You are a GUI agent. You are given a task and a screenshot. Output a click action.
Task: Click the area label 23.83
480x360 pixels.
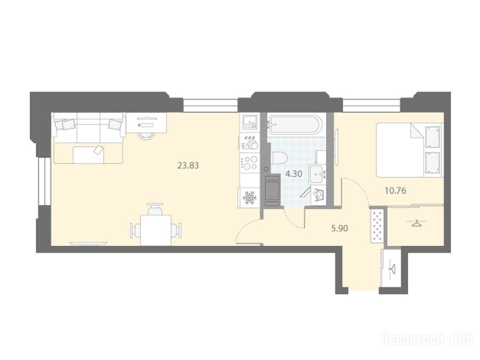coord(188,165)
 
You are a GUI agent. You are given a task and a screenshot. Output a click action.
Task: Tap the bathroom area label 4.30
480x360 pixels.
coord(294,174)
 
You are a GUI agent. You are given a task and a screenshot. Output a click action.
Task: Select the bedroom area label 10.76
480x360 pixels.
coord(396,191)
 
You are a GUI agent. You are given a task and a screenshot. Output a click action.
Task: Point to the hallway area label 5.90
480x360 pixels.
coord(340,228)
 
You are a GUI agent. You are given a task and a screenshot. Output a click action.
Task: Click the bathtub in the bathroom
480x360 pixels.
coord(295,125)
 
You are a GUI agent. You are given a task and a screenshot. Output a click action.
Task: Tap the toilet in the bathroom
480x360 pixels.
coord(279,158)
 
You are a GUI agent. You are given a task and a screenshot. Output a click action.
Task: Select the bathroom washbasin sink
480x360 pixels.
coord(317,174)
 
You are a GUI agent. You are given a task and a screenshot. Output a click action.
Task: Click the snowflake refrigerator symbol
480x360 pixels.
coord(249,198)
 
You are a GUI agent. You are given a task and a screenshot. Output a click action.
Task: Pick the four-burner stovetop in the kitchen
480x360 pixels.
coord(250,163)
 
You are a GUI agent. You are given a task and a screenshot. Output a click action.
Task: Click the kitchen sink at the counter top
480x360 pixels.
coord(250,122)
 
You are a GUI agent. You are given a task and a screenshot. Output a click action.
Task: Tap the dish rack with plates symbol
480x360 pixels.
coord(250,142)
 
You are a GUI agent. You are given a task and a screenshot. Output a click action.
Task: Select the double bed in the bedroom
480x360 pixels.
coord(410,150)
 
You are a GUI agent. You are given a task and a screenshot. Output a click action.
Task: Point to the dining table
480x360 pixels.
coord(156,230)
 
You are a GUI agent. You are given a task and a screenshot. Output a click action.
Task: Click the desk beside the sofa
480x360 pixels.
coord(146,122)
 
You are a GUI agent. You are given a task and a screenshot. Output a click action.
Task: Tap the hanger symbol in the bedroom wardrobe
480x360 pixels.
coord(415,224)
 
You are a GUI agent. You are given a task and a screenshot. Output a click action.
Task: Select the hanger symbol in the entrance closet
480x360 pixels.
coord(391,269)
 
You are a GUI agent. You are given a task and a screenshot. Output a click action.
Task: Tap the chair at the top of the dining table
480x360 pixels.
coord(155,209)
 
